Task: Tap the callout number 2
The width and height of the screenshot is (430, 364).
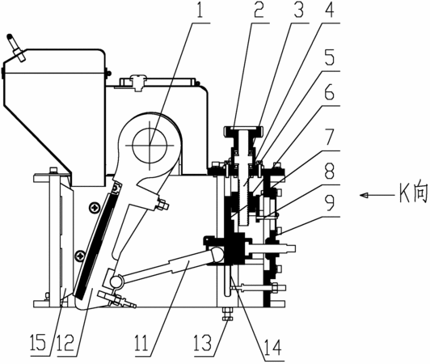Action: click(259, 10)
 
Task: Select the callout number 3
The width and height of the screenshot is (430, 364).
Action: click(297, 10)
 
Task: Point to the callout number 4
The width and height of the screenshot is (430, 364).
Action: click(328, 10)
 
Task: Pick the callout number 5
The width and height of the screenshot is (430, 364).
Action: click(329, 57)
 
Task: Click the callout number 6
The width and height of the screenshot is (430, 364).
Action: click(329, 92)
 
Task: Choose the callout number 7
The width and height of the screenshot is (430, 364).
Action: click(329, 138)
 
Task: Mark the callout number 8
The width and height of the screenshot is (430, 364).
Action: click(329, 171)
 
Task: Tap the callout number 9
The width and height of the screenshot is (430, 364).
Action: click(329, 205)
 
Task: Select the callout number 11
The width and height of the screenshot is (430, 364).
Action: click(141, 342)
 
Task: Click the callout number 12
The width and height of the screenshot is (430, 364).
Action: click(66, 342)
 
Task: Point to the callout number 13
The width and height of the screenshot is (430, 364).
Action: click(203, 342)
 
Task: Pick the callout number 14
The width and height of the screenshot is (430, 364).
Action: click(272, 347)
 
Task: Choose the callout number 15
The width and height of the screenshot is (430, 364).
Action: click(38, 342)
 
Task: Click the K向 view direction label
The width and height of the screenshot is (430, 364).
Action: click(414, 194)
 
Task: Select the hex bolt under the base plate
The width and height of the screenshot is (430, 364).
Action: click(227, 314)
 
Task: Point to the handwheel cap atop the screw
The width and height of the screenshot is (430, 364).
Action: click(243, 129)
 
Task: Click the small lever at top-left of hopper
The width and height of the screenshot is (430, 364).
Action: click(16, 47)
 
